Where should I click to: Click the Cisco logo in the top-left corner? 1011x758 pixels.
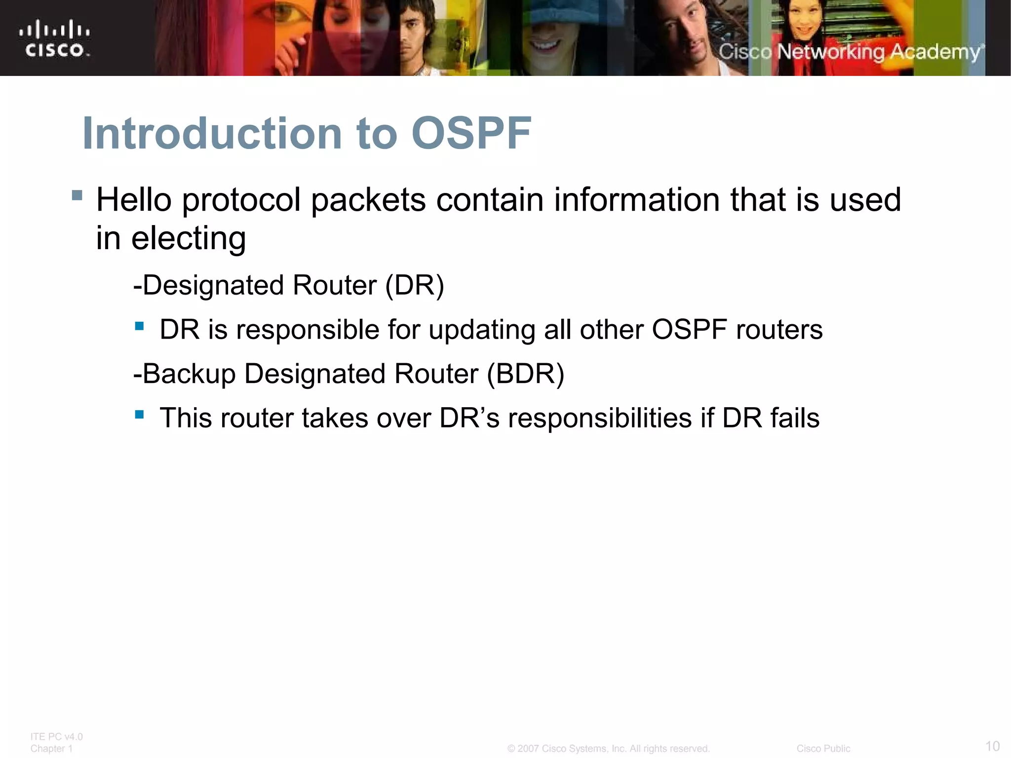point(55,38)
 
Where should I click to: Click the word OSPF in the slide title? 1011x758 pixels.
point(471,133)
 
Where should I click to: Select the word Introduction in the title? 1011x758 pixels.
point(212,133)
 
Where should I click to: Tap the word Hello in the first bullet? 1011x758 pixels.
point(134,200)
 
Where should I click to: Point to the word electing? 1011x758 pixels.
point(188,239)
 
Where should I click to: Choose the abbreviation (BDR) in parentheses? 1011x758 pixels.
point(525,374)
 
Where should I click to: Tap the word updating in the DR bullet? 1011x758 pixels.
point(482,330)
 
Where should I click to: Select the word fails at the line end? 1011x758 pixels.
point(795,418)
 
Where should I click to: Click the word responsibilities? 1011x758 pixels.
point(599,418)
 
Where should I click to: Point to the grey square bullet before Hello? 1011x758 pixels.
point(77,195)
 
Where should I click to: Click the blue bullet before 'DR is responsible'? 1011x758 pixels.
point(139,326)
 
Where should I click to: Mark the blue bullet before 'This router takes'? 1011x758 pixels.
point(139,415)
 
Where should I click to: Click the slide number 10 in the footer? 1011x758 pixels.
point(992,746)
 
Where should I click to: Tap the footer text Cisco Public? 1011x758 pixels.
point(823,749)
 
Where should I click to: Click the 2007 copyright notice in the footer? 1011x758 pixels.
point(608,749)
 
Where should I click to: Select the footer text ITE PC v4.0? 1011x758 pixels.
point(56,737)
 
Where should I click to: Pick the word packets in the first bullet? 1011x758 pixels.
point(368,200)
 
